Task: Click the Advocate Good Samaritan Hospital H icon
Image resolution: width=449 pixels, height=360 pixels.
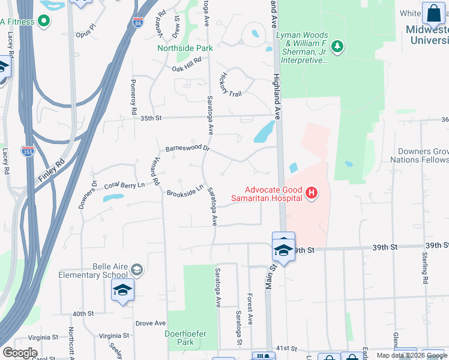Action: point(312,193)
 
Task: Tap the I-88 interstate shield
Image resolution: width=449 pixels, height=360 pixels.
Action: point(138,22)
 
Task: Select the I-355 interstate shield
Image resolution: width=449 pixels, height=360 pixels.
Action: point(27,152)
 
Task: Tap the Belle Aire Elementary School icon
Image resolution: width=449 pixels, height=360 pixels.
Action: point(137,270)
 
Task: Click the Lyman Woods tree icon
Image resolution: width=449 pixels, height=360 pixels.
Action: point(337,47)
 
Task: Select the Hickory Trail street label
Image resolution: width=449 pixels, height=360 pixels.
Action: point(231,85)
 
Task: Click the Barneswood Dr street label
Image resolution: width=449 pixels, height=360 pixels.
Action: point(188,148)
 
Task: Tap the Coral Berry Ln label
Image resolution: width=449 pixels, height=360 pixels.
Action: point(125,186)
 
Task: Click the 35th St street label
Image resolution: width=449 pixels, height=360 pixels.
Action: point(151,118)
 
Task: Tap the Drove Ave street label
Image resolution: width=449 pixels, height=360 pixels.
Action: point(150,323)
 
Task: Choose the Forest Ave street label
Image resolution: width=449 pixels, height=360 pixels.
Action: point(249,309)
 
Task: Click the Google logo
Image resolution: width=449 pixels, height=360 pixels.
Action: point(20,353)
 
